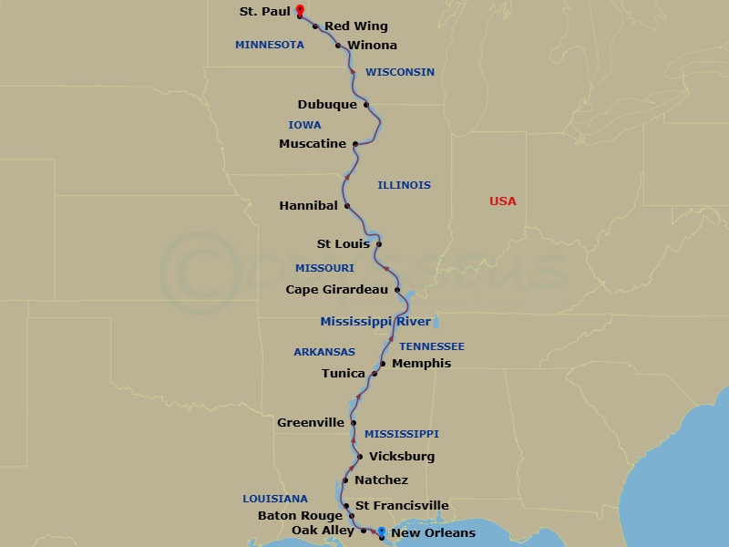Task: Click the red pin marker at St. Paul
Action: (x=300, y=11)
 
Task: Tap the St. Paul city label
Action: (x=265, y=12)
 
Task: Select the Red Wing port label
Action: (x=356, y=26)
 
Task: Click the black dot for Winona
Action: (x=338, y=46)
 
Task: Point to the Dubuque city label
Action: (x=327, y=105)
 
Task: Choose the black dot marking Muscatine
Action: (x=355, y=144)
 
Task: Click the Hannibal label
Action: (x=308, y=206)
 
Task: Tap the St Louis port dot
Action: (x=379, y=244)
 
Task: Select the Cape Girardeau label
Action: (x=337, y=290)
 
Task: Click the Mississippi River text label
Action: (x=375, y=322)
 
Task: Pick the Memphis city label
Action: (x=421, y=364)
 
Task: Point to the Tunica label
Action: (x=344, y=374)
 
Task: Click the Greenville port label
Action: (x=311, y=423)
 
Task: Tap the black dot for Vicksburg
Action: (x=361, y=457)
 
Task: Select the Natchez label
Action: (x=381, y=480)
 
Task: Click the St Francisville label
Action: (x=402, y=506)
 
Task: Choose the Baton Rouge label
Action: (x=300, y=516)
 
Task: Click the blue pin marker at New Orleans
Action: (x=381, y=532)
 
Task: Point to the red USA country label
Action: (x=502, y=201)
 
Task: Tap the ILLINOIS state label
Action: (x=404, y=185)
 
